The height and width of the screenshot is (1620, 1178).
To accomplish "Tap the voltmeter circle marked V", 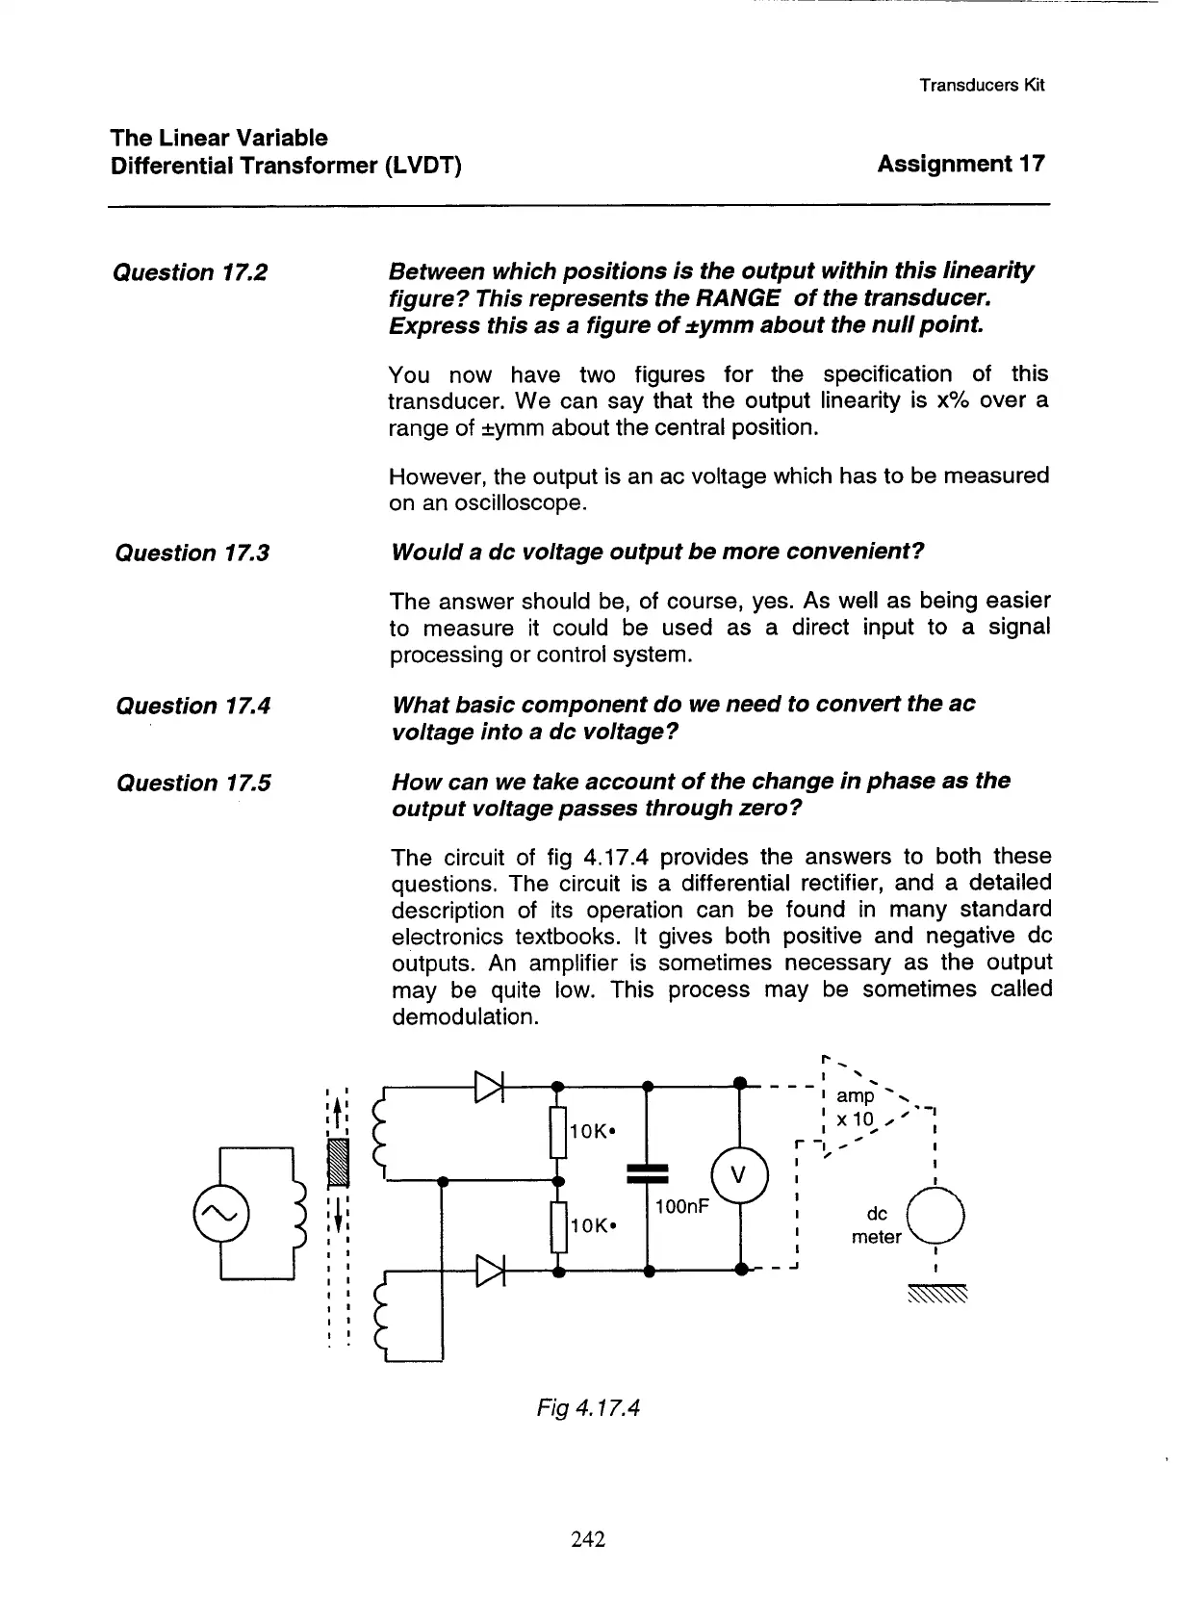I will coord(738,1176).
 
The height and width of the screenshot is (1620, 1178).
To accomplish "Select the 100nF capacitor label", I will coord(681,1206).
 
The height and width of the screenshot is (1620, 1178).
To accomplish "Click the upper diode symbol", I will coord(490,1086).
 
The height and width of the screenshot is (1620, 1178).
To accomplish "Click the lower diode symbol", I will coord(490,1271).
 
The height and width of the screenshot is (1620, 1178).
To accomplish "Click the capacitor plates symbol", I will coord(647,1173).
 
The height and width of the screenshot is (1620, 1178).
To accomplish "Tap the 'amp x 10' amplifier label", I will coord(856,1108).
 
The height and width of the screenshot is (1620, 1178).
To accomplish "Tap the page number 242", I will coord(587,1539).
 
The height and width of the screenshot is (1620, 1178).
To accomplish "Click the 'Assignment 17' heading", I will coord(960,164).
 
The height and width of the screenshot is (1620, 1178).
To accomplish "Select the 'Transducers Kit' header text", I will coord(981,85).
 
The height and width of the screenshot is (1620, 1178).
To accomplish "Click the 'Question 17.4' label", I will coord(192,707).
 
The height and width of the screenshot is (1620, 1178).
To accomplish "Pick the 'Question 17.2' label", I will coord(190,273).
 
